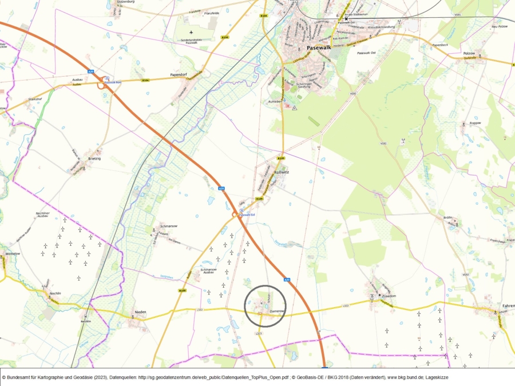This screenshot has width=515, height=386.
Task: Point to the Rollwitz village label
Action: tap(282, 172)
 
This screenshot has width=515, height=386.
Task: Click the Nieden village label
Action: tap(140, 312)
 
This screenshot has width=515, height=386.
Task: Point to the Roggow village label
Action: tap(475, 122)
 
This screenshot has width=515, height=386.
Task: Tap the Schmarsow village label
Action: tap(169, 225)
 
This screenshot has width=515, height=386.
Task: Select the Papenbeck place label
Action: tap(439, 44)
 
